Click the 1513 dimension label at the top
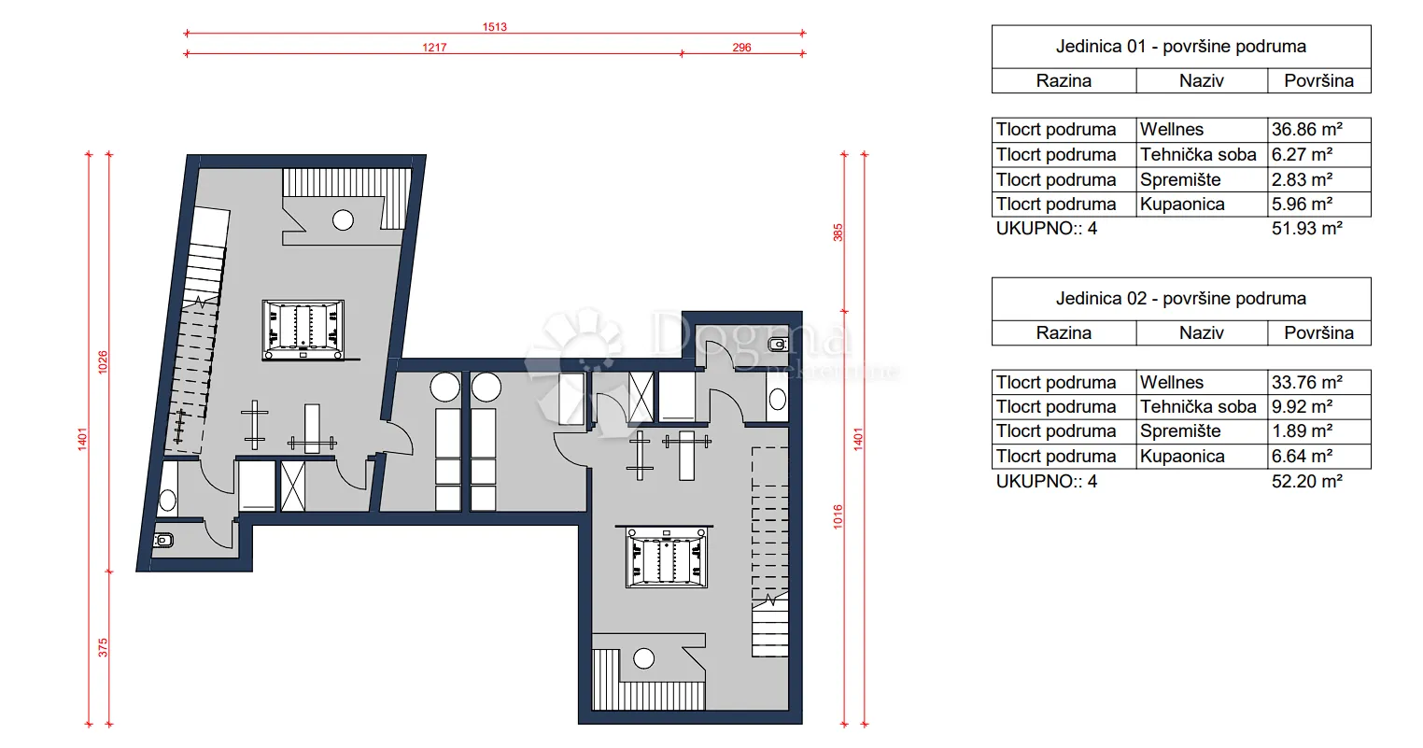(494, 27)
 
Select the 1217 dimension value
(434, 47)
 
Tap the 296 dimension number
(741, 47)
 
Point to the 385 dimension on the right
(838, 233)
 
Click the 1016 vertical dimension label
(838, 516)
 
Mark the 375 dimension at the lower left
(103, 647)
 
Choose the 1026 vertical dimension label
(103, 362)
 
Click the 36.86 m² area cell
(1306, 130)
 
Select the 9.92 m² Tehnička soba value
(1302, 407)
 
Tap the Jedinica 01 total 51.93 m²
(1306, 229)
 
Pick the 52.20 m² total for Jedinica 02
(1306, 481)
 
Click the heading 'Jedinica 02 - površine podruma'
(1181, 299)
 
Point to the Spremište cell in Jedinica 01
(1180, 180)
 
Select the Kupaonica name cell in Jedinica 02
(1182, 457)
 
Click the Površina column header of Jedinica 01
(1318, 80)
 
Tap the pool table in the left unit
(303, 330)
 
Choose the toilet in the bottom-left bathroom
(162, 541)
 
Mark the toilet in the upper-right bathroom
(778, 345)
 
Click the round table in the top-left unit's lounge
(343, 220)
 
